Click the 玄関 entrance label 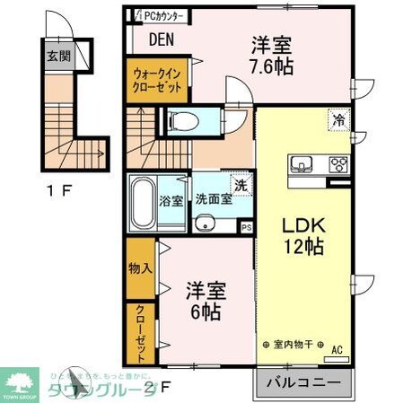[57, 56]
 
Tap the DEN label [162, 39]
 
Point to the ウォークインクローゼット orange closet [157, 80]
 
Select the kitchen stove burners [339, 164]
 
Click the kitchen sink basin [301, 164]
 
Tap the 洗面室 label [214, 200]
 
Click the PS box [246, 228]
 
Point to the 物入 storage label [140, 267]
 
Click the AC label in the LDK [337, 350]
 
